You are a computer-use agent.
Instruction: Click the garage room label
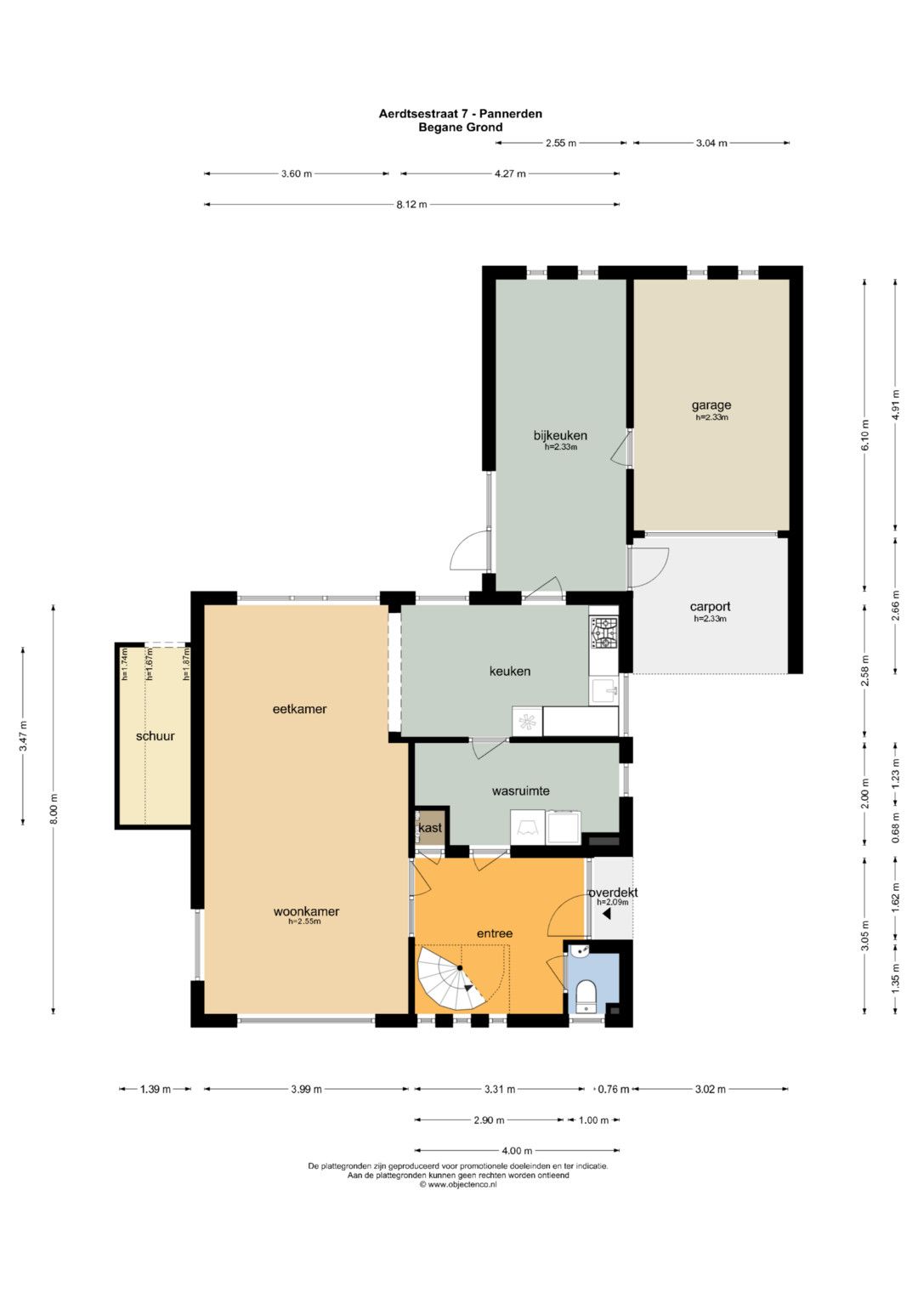[711, 405]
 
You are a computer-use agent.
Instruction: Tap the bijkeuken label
[560, 435]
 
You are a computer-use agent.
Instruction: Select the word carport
[710, 607]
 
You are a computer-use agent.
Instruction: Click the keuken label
[510, 671]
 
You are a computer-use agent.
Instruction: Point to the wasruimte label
[520, 791]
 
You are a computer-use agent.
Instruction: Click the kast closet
[430, 827]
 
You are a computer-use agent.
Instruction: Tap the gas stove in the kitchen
[603, 632]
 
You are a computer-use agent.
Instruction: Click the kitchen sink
[603, 689]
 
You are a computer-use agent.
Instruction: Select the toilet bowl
[586, 995]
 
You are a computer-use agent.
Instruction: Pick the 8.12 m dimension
[411, 204]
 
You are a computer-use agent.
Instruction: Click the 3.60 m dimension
[296, 173]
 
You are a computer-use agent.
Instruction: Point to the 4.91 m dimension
[896, 405]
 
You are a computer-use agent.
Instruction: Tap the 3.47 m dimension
[23, 735]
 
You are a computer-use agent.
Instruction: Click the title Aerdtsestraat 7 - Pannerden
[461, 114]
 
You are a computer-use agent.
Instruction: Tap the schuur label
[155, 736]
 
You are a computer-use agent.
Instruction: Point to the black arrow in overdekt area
[606, 915]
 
